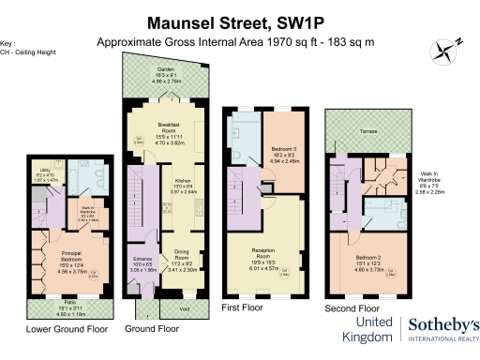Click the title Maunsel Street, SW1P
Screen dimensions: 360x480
click(x=241, y=21)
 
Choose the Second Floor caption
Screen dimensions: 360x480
click(x=351, y=307)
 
